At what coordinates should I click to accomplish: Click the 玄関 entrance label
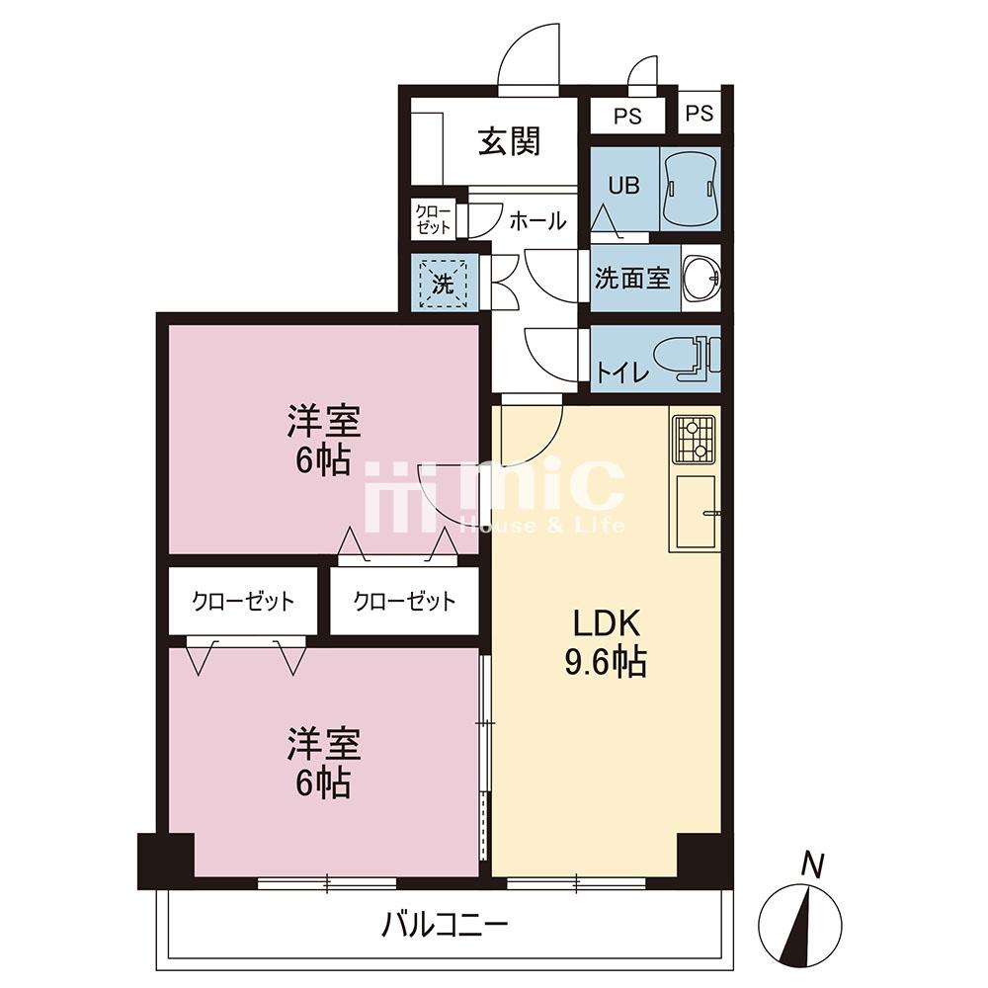click(x=510, y=141)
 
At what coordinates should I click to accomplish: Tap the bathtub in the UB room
click(x=691, y=189)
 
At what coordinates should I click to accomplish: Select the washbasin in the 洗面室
click(x=700, y=278)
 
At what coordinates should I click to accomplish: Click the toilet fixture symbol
click(x=687, y=360)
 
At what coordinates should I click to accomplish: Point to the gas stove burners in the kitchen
click(x=694, y=439)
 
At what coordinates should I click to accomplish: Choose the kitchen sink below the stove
click(x=696, y=512)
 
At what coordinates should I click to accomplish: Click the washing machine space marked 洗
click(x=444, y=284)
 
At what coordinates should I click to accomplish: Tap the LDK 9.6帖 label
click(x=607, y=643)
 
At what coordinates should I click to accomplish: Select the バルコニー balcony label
click(x=445, y=927)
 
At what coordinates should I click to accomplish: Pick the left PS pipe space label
click(x=627, y=116)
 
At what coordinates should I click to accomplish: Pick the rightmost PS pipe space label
click(x=700, y=114)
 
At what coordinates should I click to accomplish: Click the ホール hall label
click(x=537, y=221)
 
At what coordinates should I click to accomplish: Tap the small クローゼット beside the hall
click(x=434, y=220)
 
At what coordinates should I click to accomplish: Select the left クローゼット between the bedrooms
click(x=243, y=601)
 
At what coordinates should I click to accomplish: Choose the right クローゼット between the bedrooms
click(x=404, y=601)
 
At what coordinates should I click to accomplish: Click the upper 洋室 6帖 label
click(x=324, y=441)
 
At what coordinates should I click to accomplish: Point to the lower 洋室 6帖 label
click(x=324, y=763)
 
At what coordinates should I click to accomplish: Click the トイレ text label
click(x=622, y=374)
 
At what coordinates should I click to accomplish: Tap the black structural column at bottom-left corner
click(x=166, y=861)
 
